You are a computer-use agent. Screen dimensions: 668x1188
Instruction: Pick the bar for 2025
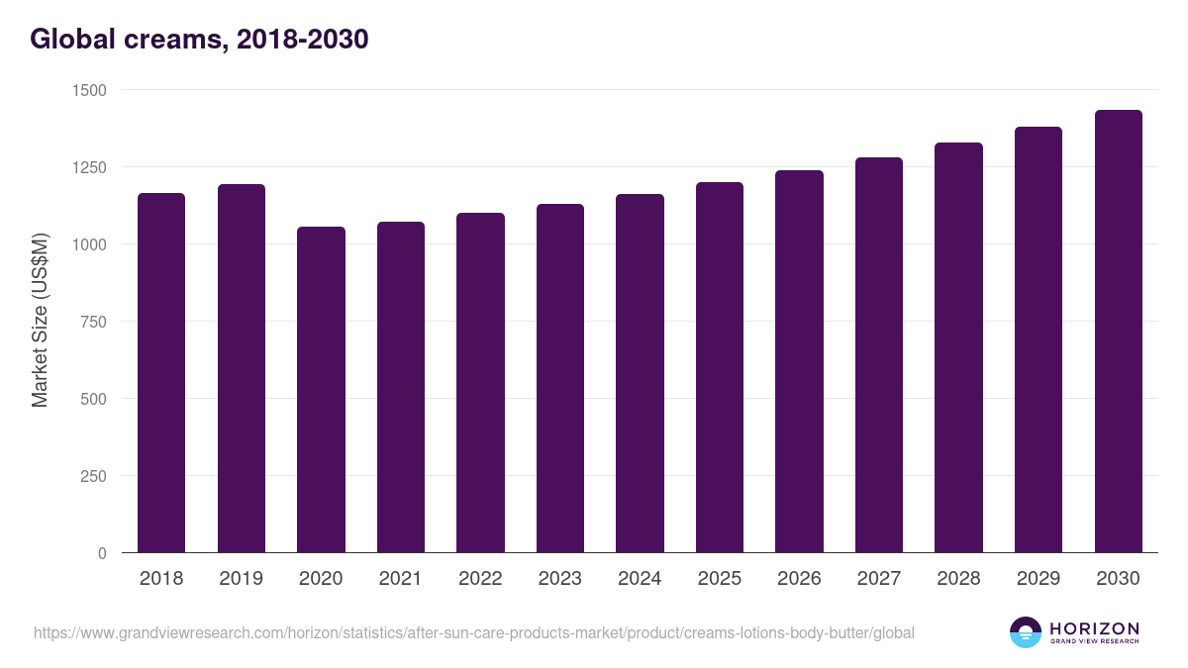click(720, 367)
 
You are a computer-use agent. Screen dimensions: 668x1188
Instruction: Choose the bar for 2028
click(958, 347)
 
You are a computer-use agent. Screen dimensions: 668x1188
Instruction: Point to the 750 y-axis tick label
click(95, 322)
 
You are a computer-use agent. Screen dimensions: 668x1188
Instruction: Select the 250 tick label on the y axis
click(95, 476)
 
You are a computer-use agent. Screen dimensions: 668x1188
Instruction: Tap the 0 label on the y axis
click(102, 553)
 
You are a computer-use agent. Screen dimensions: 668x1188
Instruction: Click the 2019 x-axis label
click(241, 579)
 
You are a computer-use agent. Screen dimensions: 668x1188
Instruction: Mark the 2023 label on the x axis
click(560, 579)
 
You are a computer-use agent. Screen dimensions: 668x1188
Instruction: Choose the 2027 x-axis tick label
click(879, 579)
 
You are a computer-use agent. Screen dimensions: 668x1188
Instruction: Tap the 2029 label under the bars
click(1039, 579)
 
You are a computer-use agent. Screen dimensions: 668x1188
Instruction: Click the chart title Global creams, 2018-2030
click(199, 39)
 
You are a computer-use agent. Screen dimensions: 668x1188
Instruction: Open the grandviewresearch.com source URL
click(473, 632)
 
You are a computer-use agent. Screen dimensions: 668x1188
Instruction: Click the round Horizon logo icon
click(1026, 632)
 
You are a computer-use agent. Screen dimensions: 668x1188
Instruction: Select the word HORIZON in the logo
click(1094, 627)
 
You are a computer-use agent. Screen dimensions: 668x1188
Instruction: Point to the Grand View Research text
click(1094, 642)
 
